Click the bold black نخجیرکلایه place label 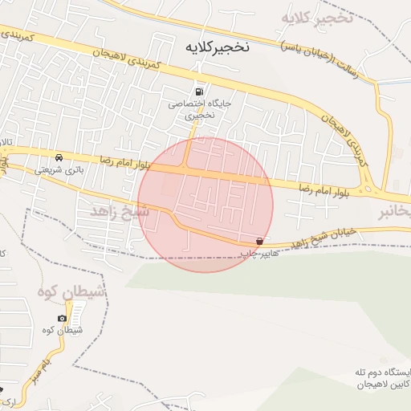pyautogui.click(x=215, y=47)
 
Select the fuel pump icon pyautogui.click(x=198, y=92)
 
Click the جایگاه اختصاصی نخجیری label pyautogui.click(x=192, y=109)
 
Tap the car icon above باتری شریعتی pyautogui.click(x=60, y=157)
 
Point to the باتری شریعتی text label pyautogui.click(x=59, y=170)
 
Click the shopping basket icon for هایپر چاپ pyautogui.click(x=259, y=241)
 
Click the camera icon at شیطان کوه pyautogui.click(x=63, y=318)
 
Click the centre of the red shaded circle pyautogui.click(x=205, y=205)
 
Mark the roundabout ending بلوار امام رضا pyautogui.click(x=371, y=190)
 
